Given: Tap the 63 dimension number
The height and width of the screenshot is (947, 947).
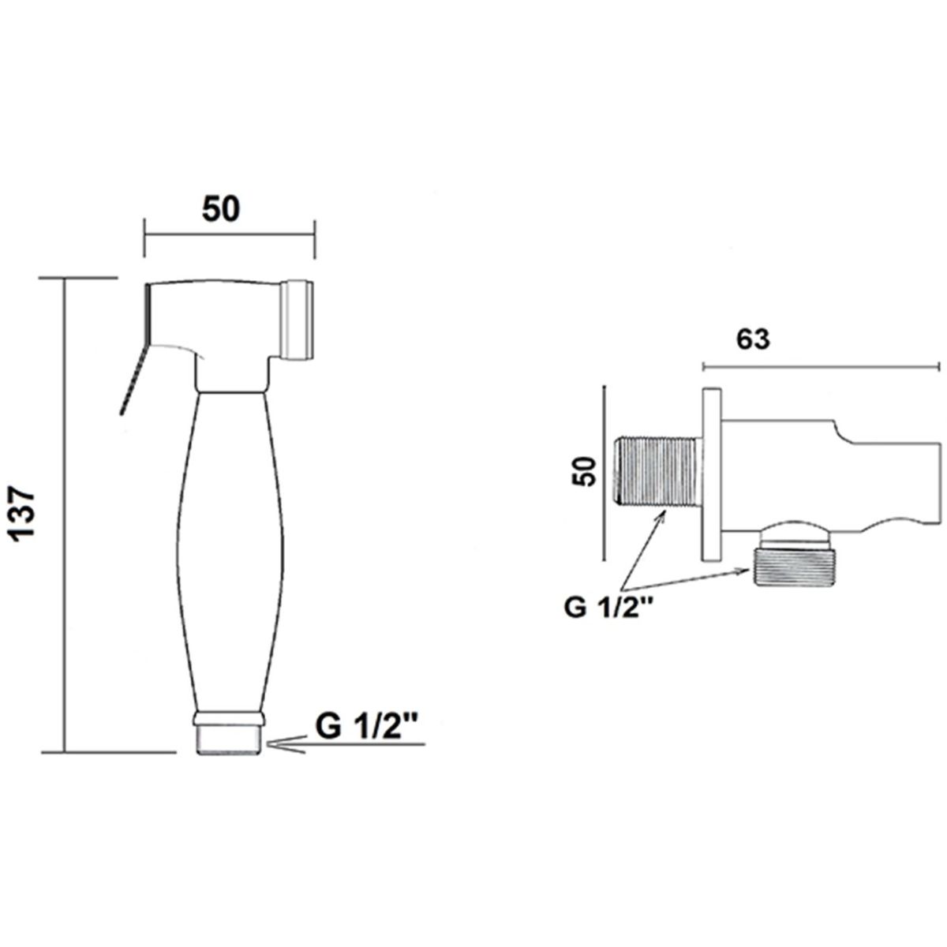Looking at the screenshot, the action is pyautogui.click(x=753, y=339).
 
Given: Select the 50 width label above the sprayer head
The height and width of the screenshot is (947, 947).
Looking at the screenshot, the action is pyautogui.click(x=221, y=209).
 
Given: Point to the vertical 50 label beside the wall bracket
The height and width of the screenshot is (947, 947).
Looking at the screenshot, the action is pyautogui.click(x=585, y=471).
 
